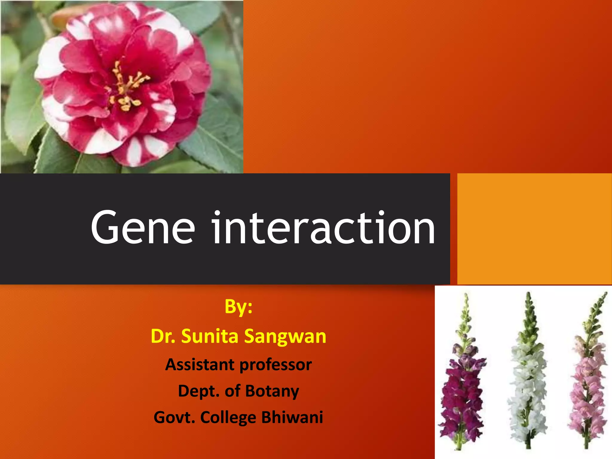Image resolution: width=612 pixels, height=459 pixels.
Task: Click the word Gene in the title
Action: tap(143, 228)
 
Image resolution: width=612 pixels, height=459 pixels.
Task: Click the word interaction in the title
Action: tap(323, 228)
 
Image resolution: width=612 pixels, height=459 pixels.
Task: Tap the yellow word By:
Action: tap(238, 307)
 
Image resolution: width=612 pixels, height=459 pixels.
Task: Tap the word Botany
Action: tap(272, 391)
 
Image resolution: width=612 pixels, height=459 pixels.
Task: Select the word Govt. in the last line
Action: tap(174, 417)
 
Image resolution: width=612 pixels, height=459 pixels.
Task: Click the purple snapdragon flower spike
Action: tap(462, 394)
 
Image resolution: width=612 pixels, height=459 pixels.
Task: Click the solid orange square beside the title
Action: tap(534, 229)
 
